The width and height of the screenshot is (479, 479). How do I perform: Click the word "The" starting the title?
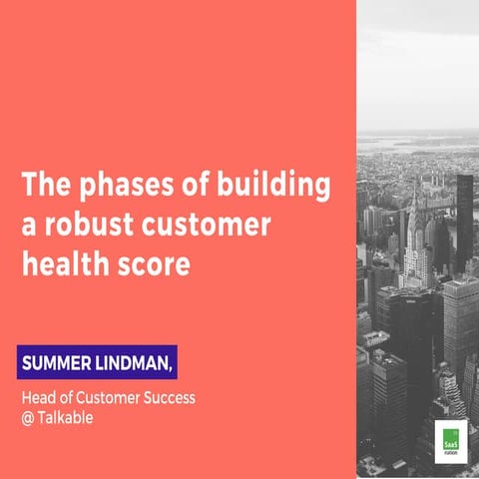42,186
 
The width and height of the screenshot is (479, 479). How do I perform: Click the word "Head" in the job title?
39,398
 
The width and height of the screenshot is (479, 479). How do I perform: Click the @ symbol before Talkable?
28,418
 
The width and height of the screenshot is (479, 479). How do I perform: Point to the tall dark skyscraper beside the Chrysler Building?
464,215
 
